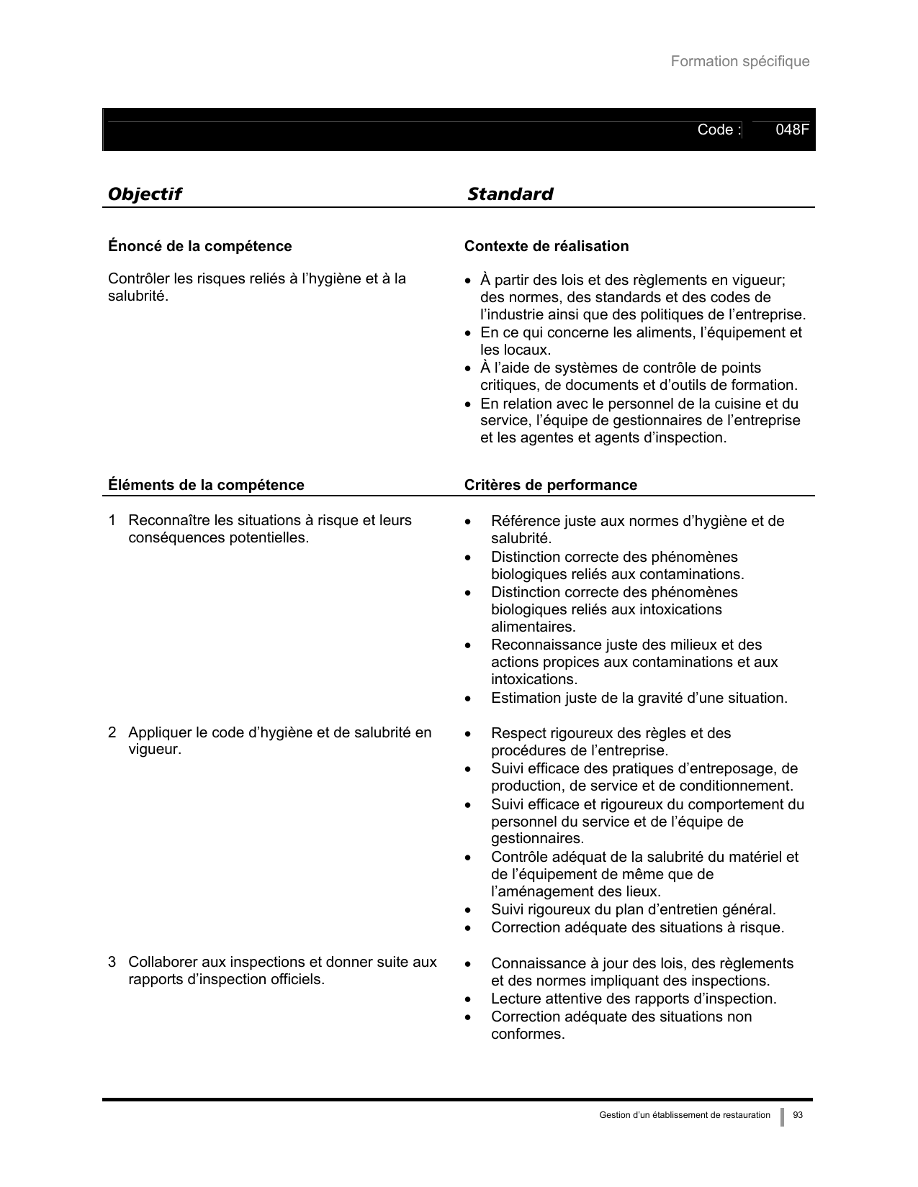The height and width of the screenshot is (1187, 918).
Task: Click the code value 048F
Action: tap(792, 130)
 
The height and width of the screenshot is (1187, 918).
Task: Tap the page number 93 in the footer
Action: tap(798, 1115)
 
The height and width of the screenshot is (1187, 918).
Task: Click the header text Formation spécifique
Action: tap(739, 62)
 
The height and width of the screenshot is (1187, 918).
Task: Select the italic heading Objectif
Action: tap(144, 194)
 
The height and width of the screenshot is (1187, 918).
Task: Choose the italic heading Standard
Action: tap(510, 194)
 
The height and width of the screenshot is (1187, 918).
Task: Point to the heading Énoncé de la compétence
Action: tap(199, 247)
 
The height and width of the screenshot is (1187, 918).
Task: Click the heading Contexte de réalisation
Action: tap(546, 247)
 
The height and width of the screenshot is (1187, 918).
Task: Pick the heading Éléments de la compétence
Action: tap(206, 485)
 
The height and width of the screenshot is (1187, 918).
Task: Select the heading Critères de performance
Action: tap(550, 485)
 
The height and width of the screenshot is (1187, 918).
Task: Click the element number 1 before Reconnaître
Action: tap(112, 520)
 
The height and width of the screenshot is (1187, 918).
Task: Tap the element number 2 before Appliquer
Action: tap(112, 732)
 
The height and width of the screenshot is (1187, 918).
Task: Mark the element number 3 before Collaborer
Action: tap(112, 962)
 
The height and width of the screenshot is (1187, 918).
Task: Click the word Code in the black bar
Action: tap(715, 130)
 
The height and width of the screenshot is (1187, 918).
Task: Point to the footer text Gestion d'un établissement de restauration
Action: tap(684, 1115)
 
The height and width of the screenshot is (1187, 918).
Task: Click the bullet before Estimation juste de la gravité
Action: tap(469, 699)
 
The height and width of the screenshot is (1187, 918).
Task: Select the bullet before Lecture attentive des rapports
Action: tap(469, 999)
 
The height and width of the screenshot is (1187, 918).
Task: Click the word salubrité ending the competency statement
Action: tap(136, 296)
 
